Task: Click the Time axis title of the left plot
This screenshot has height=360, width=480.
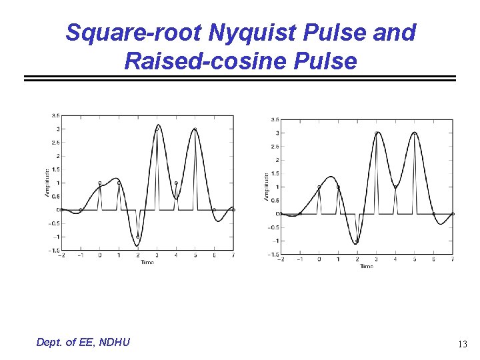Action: pyautogui.click(x=147, y=262)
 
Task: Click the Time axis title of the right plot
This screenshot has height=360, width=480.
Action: pyautogui.click(x=367, y=266)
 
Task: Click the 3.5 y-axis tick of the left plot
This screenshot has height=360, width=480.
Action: pyautogui.click(x=56, y=115)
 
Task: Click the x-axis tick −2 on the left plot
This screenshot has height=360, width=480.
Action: pyautogui.click(x=61, y=255)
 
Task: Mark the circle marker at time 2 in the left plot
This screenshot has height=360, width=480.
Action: pyautogui.click(x=138, y=237)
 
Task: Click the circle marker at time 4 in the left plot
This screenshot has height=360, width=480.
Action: pyautogui.click(x=176, y=183)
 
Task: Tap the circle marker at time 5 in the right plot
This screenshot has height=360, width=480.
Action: pyautogui.click(x=414, y=133)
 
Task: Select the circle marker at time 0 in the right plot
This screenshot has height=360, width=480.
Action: pyautogui.click(x=319, y=187)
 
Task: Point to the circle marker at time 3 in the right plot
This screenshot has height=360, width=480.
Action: pyautogui.click(x=376, y=133)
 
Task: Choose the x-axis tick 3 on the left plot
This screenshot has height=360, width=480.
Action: pyautogui.click(x=157, y=255)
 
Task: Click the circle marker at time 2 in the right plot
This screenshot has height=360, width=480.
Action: pyautogui.click(x=357, y=241)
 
